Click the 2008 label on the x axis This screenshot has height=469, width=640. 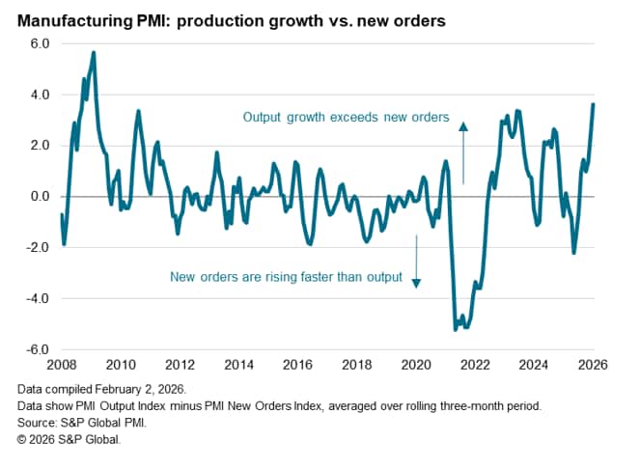[61, 365]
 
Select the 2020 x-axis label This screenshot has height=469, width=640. [416, 365]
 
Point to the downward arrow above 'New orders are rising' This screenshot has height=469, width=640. [416, 259]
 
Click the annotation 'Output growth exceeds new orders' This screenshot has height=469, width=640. [346, 119]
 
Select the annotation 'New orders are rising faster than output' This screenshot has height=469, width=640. [285, 278]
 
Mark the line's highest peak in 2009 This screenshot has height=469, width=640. [93, 52]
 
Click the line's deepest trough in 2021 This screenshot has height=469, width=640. [455, 330]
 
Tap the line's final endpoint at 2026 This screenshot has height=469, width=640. [593, 104]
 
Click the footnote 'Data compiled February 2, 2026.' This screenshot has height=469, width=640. [100, 390]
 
